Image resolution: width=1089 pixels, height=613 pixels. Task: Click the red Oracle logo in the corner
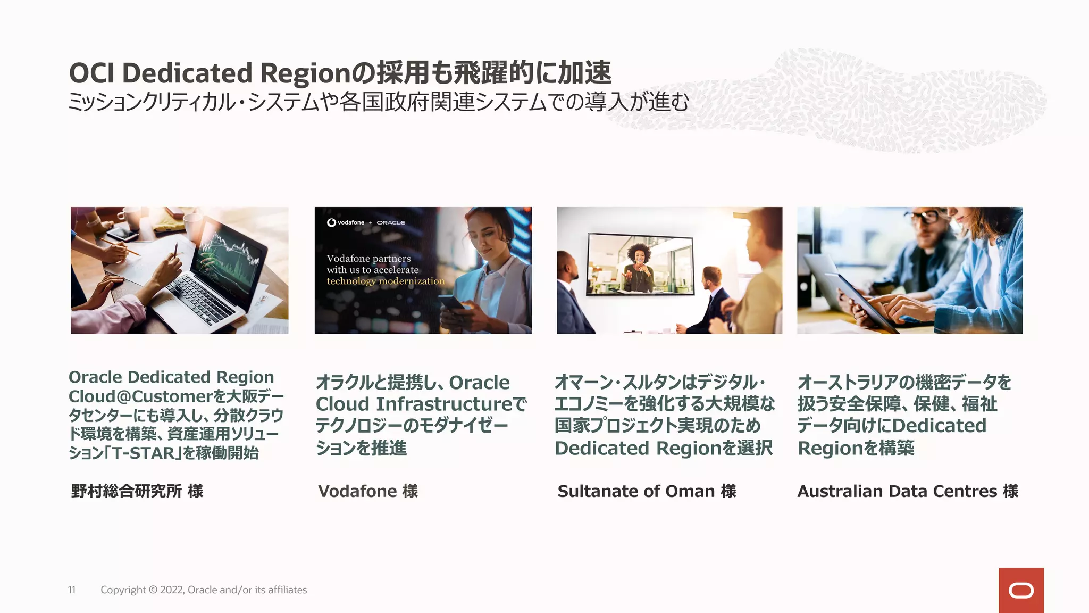tap(1021, 590)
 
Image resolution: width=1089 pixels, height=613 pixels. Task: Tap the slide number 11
tap(72, 590)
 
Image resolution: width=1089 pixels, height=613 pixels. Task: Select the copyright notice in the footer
tap(204, 590)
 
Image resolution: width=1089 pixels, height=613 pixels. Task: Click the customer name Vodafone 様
tap(368, 491)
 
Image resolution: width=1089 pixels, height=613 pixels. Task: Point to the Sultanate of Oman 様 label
tap(647, 491)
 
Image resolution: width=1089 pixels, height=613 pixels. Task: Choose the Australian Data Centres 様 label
tap(908, 491)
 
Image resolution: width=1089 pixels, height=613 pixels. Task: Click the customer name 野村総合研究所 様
tap(137, 491)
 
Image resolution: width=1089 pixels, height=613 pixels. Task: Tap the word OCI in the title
tap(91, 73)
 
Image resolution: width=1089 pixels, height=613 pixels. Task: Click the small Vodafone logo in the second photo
tap(346, 222)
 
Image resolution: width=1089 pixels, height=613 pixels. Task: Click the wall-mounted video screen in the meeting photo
tap(640, 264)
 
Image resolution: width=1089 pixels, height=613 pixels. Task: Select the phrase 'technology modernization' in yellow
tap(386, 281)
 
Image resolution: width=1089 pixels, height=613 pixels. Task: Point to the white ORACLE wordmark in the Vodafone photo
tap(391, 222)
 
